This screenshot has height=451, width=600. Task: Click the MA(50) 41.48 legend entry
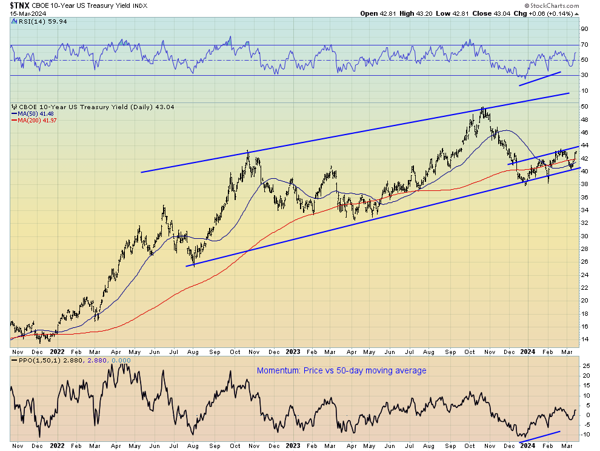tap(32, 113)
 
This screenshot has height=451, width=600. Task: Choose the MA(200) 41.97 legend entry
tap(33, 120)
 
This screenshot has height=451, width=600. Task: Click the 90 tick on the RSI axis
tap(585, 28)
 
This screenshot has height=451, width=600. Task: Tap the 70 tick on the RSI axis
tap(585, 45)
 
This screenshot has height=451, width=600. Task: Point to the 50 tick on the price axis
tap(585, 107)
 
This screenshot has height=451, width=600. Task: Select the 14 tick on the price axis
tap(585, 339)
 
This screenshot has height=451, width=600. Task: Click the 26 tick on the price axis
tap(585, 262)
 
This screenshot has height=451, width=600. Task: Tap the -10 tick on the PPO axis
tap(585, 434)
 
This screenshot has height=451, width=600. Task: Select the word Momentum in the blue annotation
tap(276, 370)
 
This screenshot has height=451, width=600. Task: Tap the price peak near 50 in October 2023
tap(482, 108)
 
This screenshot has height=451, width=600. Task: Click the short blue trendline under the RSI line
tap(539, 79)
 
